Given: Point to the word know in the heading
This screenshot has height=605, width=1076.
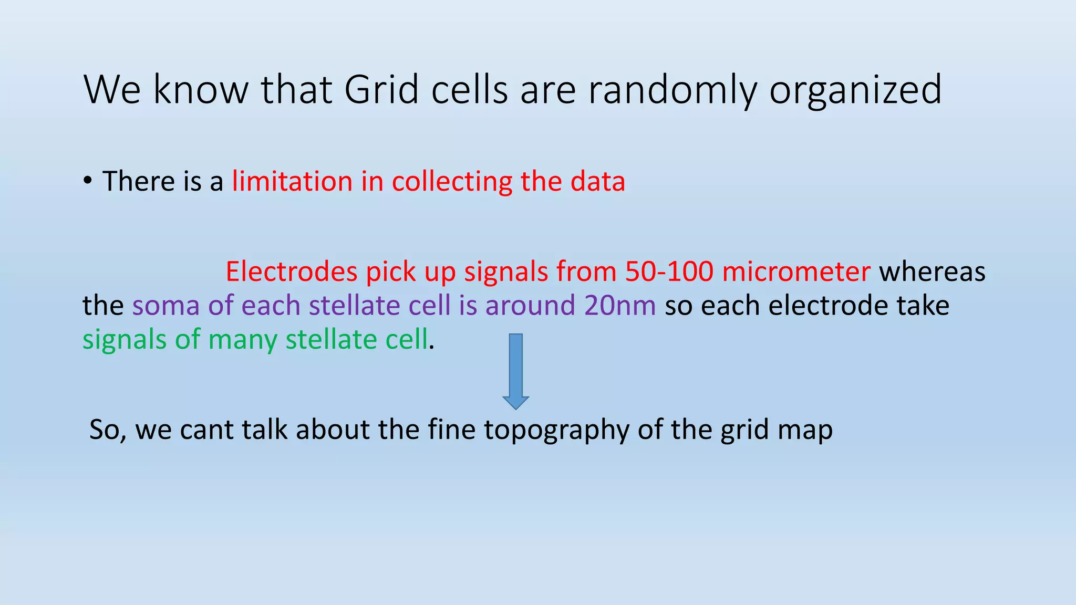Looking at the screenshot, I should coord(201,90).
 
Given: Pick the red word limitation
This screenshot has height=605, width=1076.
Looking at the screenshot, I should coord(292,182).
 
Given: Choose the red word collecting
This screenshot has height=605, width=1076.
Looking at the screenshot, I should coord(451,182).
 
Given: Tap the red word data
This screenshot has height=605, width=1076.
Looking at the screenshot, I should coord(597,182).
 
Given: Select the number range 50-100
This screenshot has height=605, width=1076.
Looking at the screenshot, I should coord(669,272).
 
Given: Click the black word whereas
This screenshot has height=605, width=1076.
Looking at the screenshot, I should coord(932,272).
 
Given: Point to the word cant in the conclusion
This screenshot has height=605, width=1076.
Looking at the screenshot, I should coord(202,430).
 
